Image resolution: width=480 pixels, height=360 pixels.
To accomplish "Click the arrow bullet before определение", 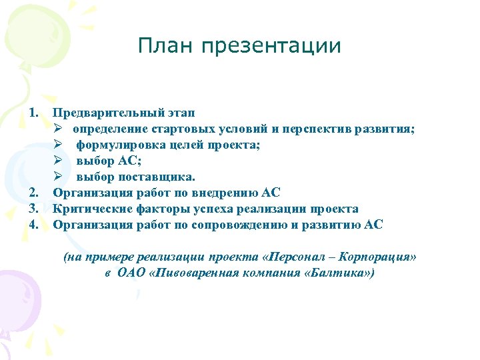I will pos(59,129).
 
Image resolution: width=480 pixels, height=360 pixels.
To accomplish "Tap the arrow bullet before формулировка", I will pos(59,145).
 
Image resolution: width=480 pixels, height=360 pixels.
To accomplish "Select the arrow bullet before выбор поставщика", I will pos(59,177).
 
